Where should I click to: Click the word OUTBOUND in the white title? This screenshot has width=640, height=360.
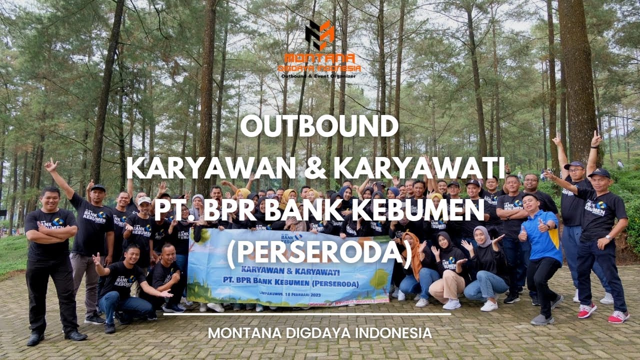[x=319, y=127]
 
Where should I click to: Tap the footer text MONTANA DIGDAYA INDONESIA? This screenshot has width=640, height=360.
[x=319, y=333]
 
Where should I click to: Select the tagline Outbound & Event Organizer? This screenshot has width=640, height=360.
[x=320, y=76]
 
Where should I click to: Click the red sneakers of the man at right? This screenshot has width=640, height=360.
[x=618, y=316]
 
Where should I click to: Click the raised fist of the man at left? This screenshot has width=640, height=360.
[x=50, y=164]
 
